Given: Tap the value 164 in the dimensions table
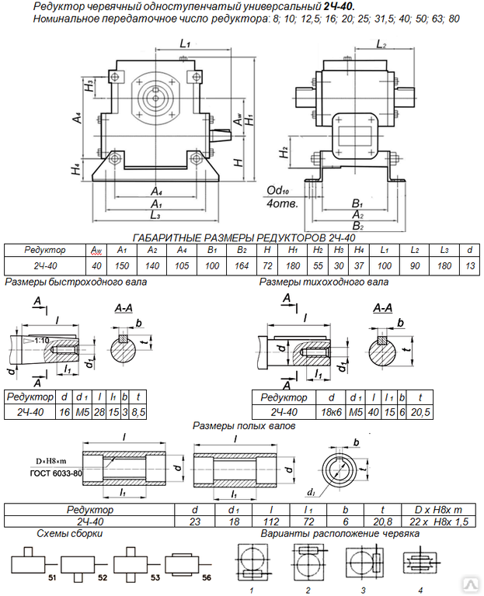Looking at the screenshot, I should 242,265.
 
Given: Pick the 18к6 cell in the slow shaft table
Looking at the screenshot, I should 328,411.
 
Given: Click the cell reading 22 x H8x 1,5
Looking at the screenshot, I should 438,522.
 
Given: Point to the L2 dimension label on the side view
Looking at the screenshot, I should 381,46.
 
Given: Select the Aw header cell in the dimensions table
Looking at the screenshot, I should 97,250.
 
